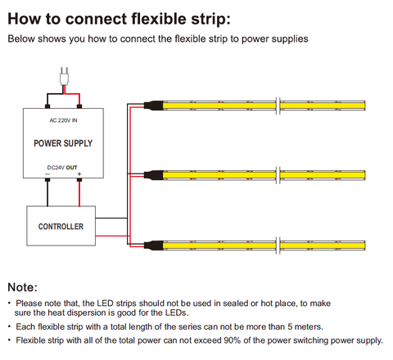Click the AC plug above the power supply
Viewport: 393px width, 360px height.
coord(65,76)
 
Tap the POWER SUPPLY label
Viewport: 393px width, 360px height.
coord(63,143)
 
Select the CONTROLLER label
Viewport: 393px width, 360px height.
coord(61,227)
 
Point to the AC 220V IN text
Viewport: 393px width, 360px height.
coord(63,120)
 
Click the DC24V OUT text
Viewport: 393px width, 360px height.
coord(62,168)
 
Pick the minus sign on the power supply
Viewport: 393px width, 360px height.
coord(47,174)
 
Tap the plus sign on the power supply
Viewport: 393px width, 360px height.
coord(79,174)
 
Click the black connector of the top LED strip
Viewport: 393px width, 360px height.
coord(154,106)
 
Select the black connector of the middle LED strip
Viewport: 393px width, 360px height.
coord(154,175)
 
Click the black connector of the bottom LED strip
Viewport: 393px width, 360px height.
coord(154,245)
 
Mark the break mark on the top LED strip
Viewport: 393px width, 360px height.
coord(278,106)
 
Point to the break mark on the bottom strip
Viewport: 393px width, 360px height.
coord(278,245)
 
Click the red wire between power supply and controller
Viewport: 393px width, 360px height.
coord(79,193)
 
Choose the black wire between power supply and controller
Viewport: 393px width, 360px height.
coord(47,193)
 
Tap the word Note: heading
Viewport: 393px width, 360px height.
coord(22,287)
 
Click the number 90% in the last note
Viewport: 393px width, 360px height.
coord(233,340)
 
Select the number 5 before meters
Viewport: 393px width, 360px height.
coord(290,326)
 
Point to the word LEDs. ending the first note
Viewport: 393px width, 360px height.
coord(177,313)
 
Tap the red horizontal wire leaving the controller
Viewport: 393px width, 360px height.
coord(113,236)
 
